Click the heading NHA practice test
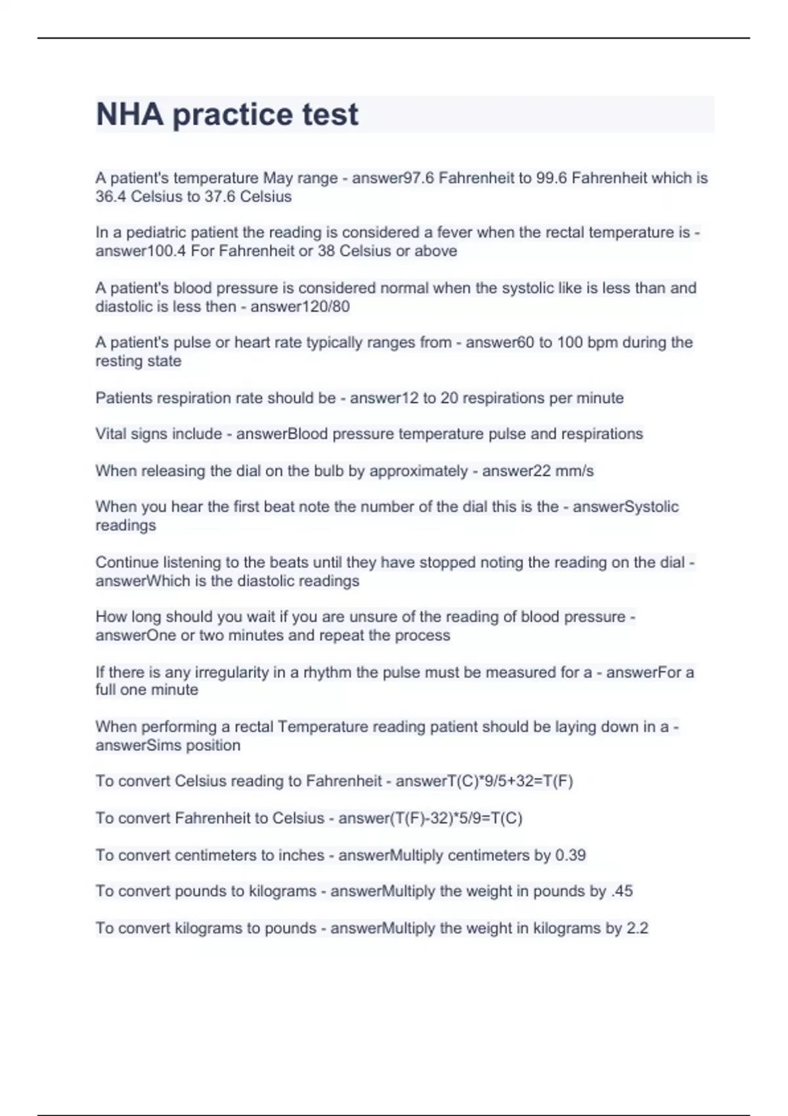tap(227, 114)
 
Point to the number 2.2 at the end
tap(637, 928)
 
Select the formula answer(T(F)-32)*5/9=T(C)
tap(430, 819)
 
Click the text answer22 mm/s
tap(538, 471)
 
